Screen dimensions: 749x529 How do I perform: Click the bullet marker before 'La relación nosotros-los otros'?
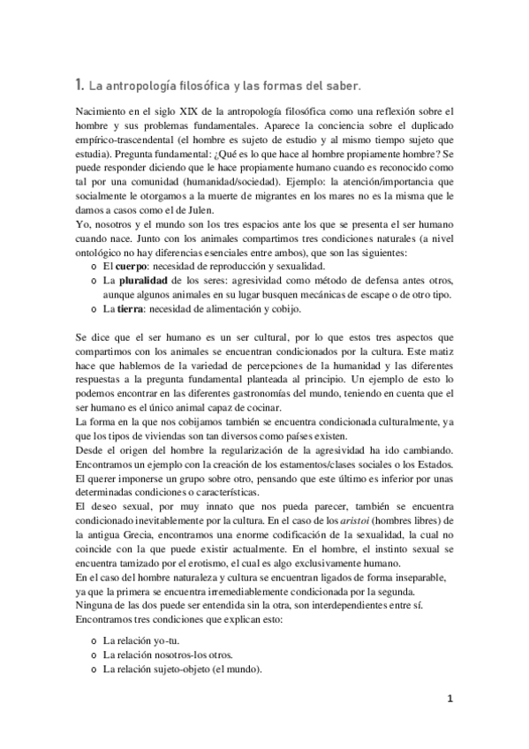click(94, 654)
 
